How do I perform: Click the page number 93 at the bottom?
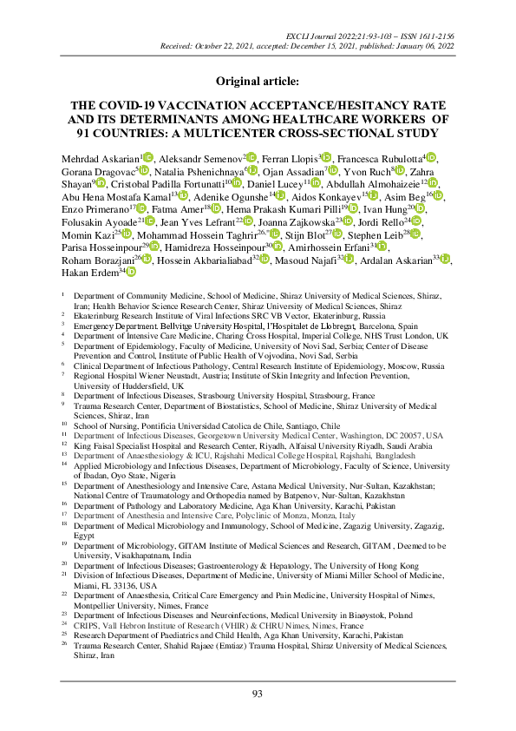point(258,692)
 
